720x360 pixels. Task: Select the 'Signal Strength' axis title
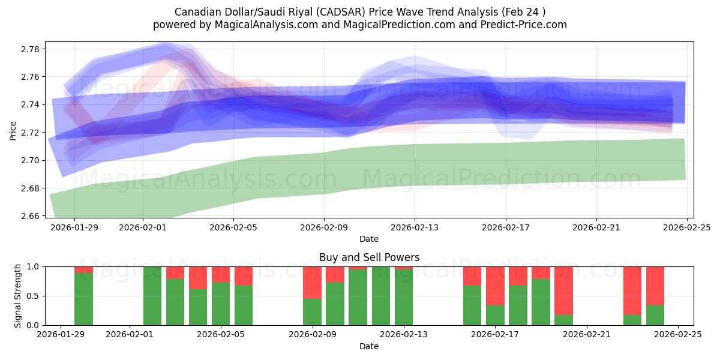18,296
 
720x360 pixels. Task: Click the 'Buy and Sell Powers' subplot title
368,257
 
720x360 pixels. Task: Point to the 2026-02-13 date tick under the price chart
415,228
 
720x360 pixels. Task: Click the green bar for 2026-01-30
83,299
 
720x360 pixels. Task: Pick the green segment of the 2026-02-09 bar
312,312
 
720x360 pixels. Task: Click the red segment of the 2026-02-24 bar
655,286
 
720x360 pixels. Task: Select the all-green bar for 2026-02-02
152,296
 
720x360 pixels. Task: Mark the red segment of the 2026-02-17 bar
495,286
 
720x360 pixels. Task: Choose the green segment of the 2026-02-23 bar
632,320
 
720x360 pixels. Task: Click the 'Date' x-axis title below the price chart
368,239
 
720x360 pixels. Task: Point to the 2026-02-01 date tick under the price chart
143,228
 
